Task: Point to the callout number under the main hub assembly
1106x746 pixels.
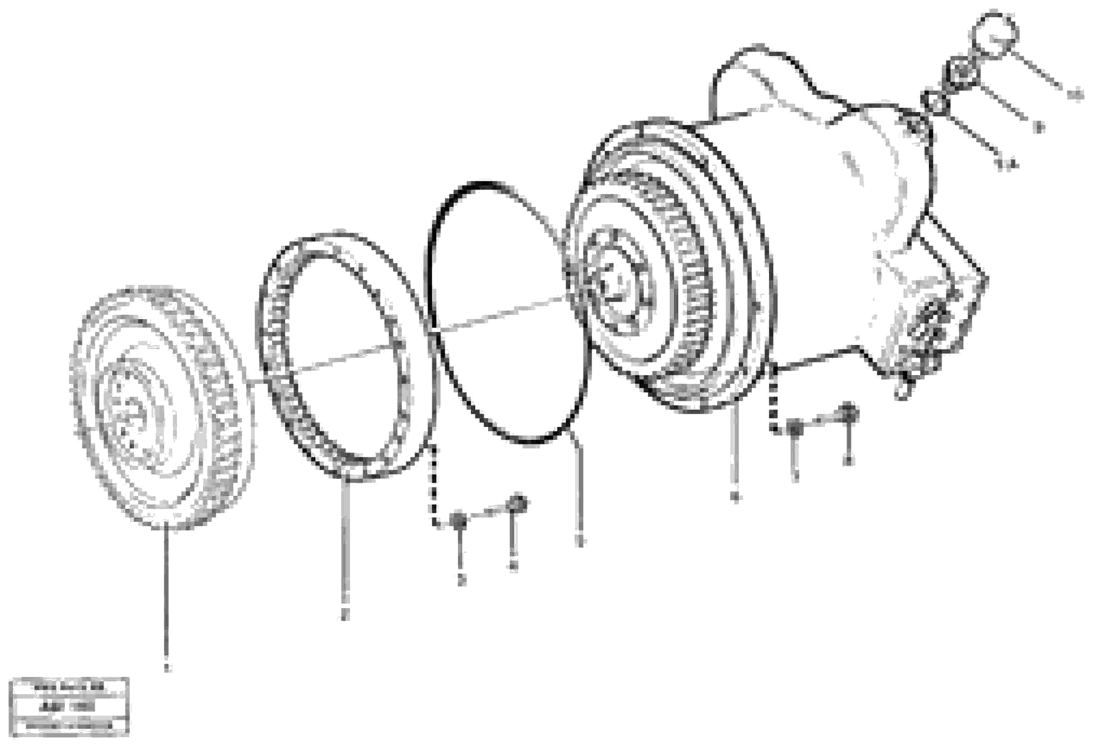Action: pos(735,498)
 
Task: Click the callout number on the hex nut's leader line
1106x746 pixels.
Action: pos(1040,127)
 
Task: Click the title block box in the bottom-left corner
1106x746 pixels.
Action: pos(69,706)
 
